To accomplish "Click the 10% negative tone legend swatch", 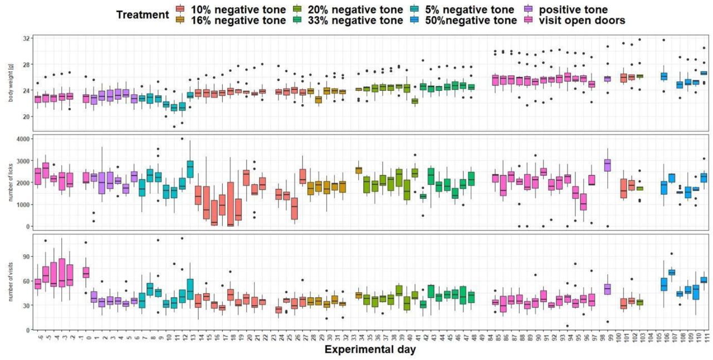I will click(180, 9).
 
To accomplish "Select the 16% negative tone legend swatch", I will click(180, 21).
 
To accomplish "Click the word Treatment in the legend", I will click(142, 15).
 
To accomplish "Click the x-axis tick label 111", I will click(704, 337).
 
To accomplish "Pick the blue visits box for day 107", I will click(672, 272).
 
